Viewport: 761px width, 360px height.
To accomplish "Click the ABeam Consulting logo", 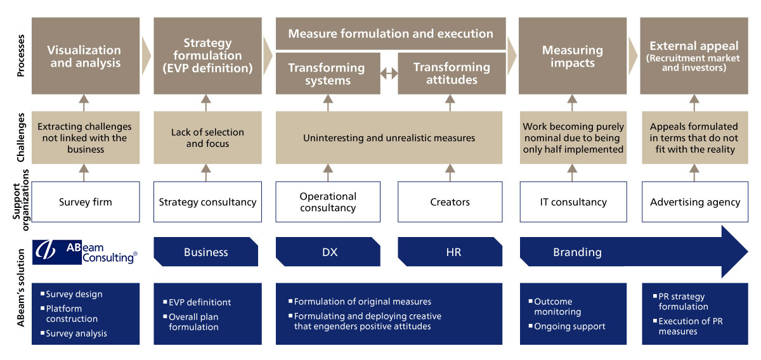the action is click(85, 252).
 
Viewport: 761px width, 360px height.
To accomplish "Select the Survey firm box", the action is click(86, 202).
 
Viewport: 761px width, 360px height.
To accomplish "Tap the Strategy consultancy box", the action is click(207, 202).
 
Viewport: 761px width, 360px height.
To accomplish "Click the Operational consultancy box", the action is click(328, 202).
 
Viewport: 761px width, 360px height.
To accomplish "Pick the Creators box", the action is click(450, 202).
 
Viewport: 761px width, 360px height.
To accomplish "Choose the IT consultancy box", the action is click(573, 202).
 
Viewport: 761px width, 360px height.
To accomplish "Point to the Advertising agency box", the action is click(695, 202).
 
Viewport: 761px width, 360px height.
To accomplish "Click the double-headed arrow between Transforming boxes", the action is click(389, 73).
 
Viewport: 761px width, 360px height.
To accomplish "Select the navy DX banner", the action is click(328, 252).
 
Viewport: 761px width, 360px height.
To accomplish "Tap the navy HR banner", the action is click(450, 252).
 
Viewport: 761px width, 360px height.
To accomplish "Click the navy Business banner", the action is click(206, 252).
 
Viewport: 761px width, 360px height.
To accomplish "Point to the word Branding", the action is click(577, 252).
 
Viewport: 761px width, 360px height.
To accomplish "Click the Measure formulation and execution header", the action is click(391, 34).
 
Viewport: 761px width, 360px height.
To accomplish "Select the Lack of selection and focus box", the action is click(207, 138).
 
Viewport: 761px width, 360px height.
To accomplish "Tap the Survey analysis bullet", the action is click(74, 333).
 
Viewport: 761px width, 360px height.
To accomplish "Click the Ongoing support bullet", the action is click(567, 326).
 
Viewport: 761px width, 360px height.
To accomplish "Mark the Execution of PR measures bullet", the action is click(688, 326).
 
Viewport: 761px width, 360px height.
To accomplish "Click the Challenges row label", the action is click(21, 137).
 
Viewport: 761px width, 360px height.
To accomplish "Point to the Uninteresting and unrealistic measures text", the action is click(389, 138).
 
